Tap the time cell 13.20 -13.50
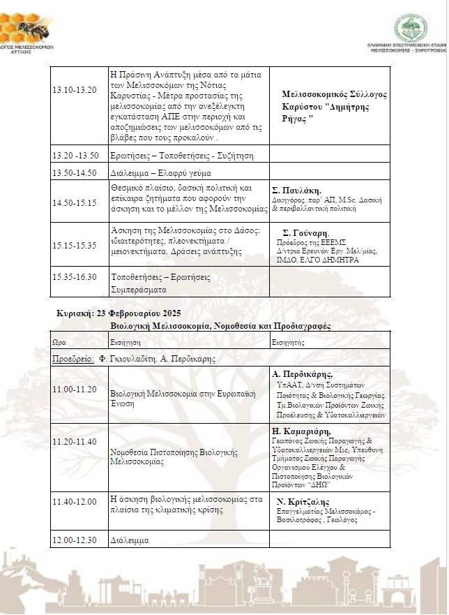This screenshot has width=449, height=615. [x=76, y=155]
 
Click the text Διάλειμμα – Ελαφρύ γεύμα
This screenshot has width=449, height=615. [x=152, y=172]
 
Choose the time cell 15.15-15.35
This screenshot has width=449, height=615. [x=75, y=245]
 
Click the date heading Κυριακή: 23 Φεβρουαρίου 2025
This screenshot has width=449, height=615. [x=119, y=314]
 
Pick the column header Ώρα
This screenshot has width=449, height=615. [x=60, y=342]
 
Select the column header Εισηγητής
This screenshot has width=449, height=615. [x=289, y=342]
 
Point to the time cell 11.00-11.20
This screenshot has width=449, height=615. [x=75, y=389]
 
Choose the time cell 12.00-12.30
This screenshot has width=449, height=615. [x=75, y=540]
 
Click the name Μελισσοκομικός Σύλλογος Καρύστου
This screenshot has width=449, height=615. [x=334, y=101]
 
